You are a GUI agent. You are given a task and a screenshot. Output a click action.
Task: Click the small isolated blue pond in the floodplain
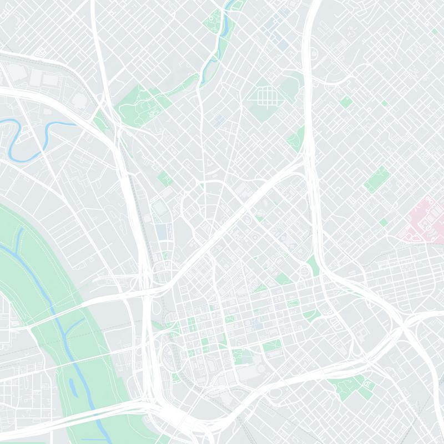point(72,383)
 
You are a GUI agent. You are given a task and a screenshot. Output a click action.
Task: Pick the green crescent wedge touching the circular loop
point(314,265)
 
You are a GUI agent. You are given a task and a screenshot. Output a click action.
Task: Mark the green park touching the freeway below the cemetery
point(296,139)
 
